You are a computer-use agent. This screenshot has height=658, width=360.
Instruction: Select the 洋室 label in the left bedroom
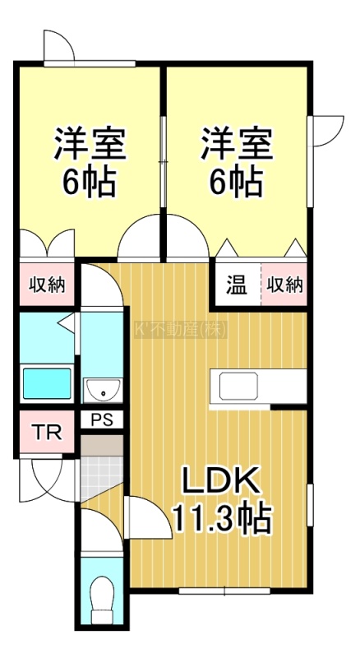click(x=90, y=143)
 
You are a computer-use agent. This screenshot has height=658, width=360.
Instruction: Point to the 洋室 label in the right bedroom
click(x=238, y=143)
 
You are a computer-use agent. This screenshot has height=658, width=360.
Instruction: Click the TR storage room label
click(x=48, y=433)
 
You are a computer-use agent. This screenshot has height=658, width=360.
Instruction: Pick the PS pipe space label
click(x=102, y=420)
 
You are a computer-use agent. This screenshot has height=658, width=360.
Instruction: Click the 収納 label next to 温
click(x=285, y=285)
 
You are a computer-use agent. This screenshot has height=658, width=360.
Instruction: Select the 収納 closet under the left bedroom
click(x=47, y=285)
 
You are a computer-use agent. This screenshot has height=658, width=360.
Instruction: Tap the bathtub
click(x=47, y=383)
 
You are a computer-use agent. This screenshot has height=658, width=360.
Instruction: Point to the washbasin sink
click(x=103, y=390)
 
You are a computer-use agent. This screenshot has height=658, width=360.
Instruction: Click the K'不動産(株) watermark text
click(x=181, y=330)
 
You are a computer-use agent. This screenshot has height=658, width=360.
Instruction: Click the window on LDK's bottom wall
click(x=224, y=591)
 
